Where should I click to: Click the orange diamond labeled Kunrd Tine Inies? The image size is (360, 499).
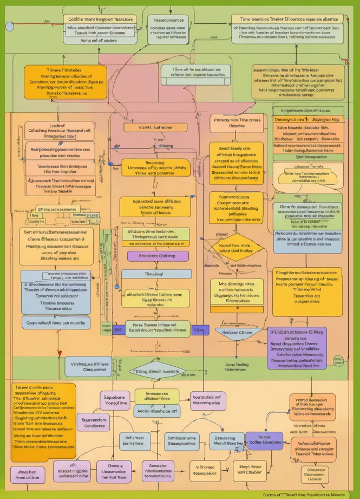pyautogui.click(x=234, y=248)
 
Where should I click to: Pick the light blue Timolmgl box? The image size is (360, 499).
pyautogui.click(x=156, y=274)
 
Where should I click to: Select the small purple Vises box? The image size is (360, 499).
pyautogui.click(x=199, y=329)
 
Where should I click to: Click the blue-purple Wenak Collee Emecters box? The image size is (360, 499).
pyautogui.click(x=264, y=440)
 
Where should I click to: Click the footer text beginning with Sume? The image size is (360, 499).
pyautogui.click(x=310, y=494)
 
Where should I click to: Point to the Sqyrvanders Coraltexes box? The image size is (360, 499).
pyautogui.click(x=94, y=422)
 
